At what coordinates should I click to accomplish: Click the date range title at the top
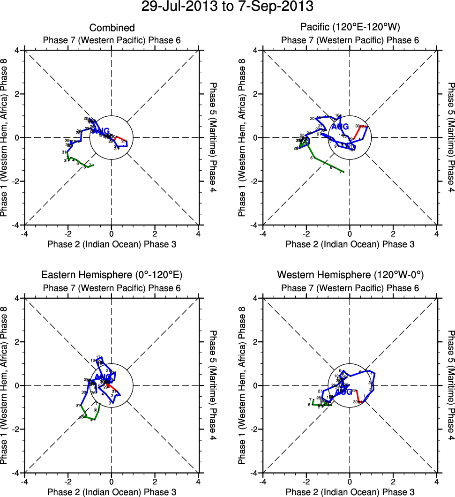(x=227, y=7)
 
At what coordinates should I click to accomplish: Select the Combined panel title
(x=112, y=28)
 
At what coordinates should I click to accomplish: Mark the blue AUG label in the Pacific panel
(x=340, y=127)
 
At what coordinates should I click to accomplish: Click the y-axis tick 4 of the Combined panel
(x=21, y=50)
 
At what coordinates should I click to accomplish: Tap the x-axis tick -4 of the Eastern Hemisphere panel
(x=24, y=481)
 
